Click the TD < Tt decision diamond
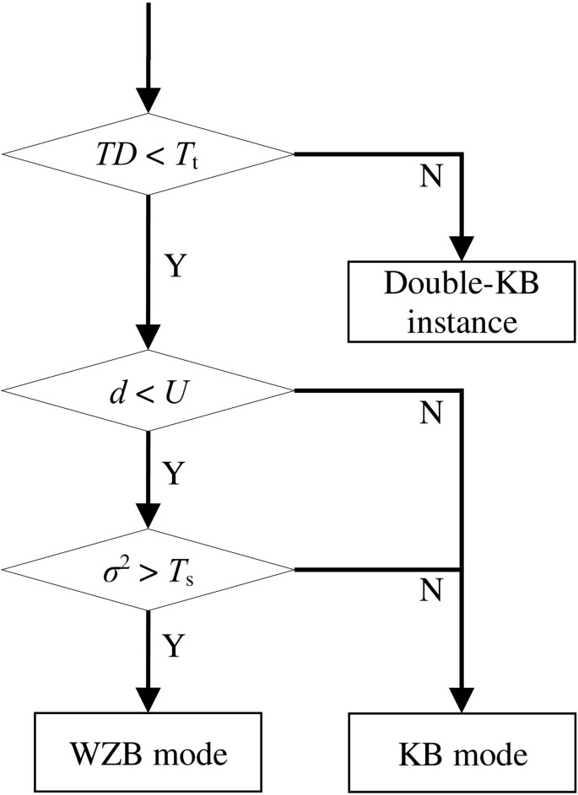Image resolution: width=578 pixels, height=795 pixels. pyautogui.click(x=149, y=154)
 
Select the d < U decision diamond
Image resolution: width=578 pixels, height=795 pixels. pyautogui.click(x=149, y=391)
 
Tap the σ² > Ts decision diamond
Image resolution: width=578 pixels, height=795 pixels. pyautogui.click(x=149, y=569)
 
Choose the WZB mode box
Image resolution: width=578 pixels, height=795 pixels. pyautogui.click(x=149, y=752)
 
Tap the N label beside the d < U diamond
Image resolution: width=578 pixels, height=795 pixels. pyautogui.click(x=429, y=413)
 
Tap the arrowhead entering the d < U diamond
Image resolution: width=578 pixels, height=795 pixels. pyautogui.click(x=149, y=339)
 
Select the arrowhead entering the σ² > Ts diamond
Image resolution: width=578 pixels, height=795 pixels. pyautogui.click(x=149, y=517)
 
